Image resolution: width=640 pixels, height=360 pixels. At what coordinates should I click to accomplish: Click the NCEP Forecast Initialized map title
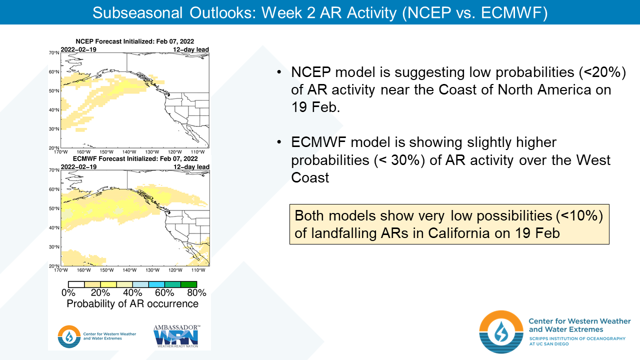click(x=134, y=41)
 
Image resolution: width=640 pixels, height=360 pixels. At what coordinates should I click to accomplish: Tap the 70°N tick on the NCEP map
click(x=54, y=52)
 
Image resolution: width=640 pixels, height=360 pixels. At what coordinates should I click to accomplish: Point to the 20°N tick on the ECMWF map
click(x=54, y=266)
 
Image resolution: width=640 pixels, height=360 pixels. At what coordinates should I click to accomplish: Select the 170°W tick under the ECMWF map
click(x=61, y=270)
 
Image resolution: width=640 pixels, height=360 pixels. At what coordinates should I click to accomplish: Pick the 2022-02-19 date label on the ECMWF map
click(x=78, y=167)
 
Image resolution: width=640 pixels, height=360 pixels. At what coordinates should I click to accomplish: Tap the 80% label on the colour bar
click(x=196, y=293)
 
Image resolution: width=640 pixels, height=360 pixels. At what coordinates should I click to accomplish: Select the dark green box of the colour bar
click(x=188, y=284)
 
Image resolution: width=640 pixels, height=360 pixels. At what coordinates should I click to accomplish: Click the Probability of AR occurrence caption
click(x=132, y=304)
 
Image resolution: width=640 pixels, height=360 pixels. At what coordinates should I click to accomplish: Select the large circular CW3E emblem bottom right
click(x=501, y=332)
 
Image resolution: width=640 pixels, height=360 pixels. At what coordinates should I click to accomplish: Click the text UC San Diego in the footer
click(x=550, y=345)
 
